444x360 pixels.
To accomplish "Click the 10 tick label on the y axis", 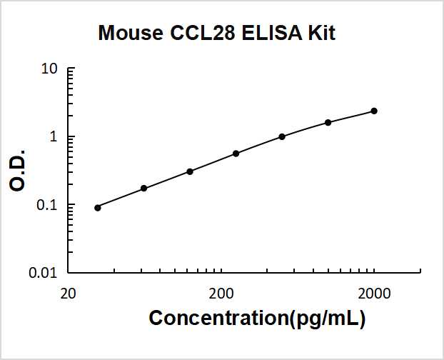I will [49, 69].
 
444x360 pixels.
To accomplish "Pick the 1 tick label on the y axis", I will [54, 137].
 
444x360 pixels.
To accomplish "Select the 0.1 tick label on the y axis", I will [47, 205].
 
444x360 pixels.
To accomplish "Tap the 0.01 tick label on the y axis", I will [44, 273].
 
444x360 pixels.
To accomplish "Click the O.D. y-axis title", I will [19, 171].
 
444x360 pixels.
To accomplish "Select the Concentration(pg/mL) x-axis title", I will [257, 319].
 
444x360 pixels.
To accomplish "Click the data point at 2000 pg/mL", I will [374, 111].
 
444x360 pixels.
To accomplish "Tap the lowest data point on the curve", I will [98, 207].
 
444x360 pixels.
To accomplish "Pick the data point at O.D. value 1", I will [282, 136].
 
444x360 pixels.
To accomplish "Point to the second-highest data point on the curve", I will [328, 122].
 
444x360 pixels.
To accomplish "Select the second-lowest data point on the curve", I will [143, 188].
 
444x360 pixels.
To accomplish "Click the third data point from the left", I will [190, 171].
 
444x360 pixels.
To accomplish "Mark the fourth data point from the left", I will [236, 154].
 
